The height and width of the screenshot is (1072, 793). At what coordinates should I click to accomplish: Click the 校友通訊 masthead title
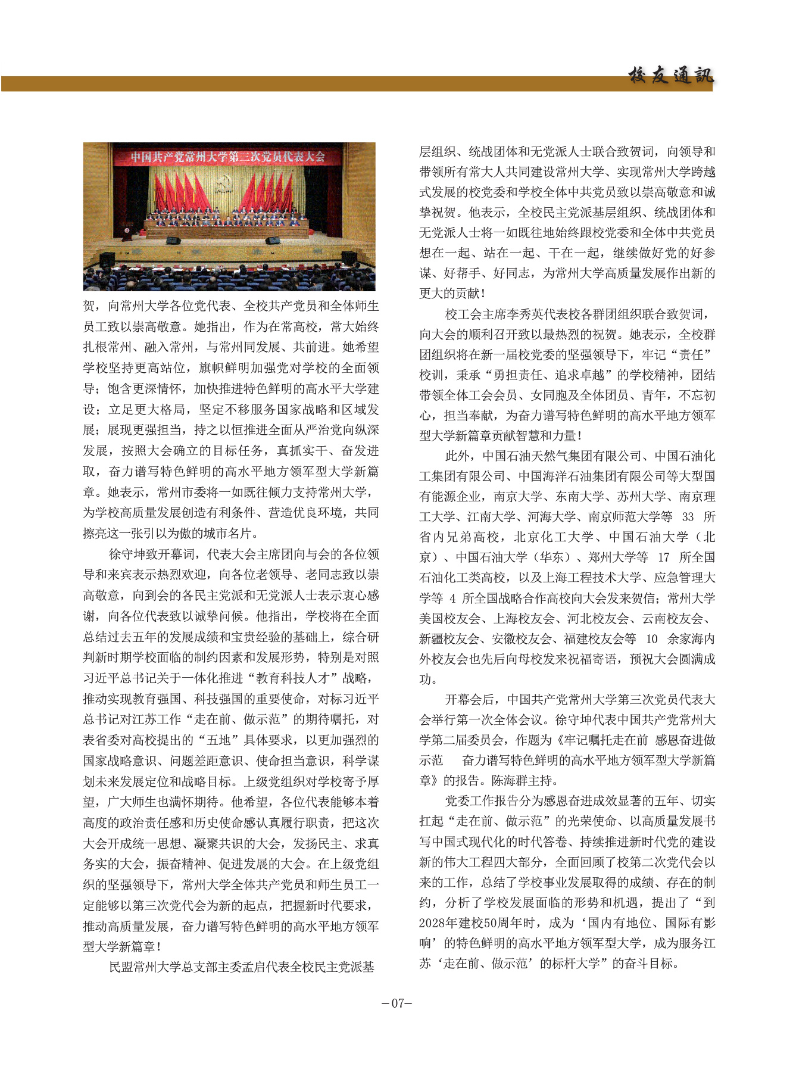(670, 76)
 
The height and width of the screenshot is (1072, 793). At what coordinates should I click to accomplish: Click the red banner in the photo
(228, 157)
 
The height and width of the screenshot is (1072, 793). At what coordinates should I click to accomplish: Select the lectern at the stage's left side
(126, 231)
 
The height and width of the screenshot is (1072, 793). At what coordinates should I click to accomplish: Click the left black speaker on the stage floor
(173, 241)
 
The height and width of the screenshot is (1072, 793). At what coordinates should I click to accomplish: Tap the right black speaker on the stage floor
(273, 241)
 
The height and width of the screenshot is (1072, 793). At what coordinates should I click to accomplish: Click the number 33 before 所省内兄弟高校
(688, 517)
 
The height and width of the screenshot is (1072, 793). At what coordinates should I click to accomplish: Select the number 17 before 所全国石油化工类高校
(663, 557)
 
